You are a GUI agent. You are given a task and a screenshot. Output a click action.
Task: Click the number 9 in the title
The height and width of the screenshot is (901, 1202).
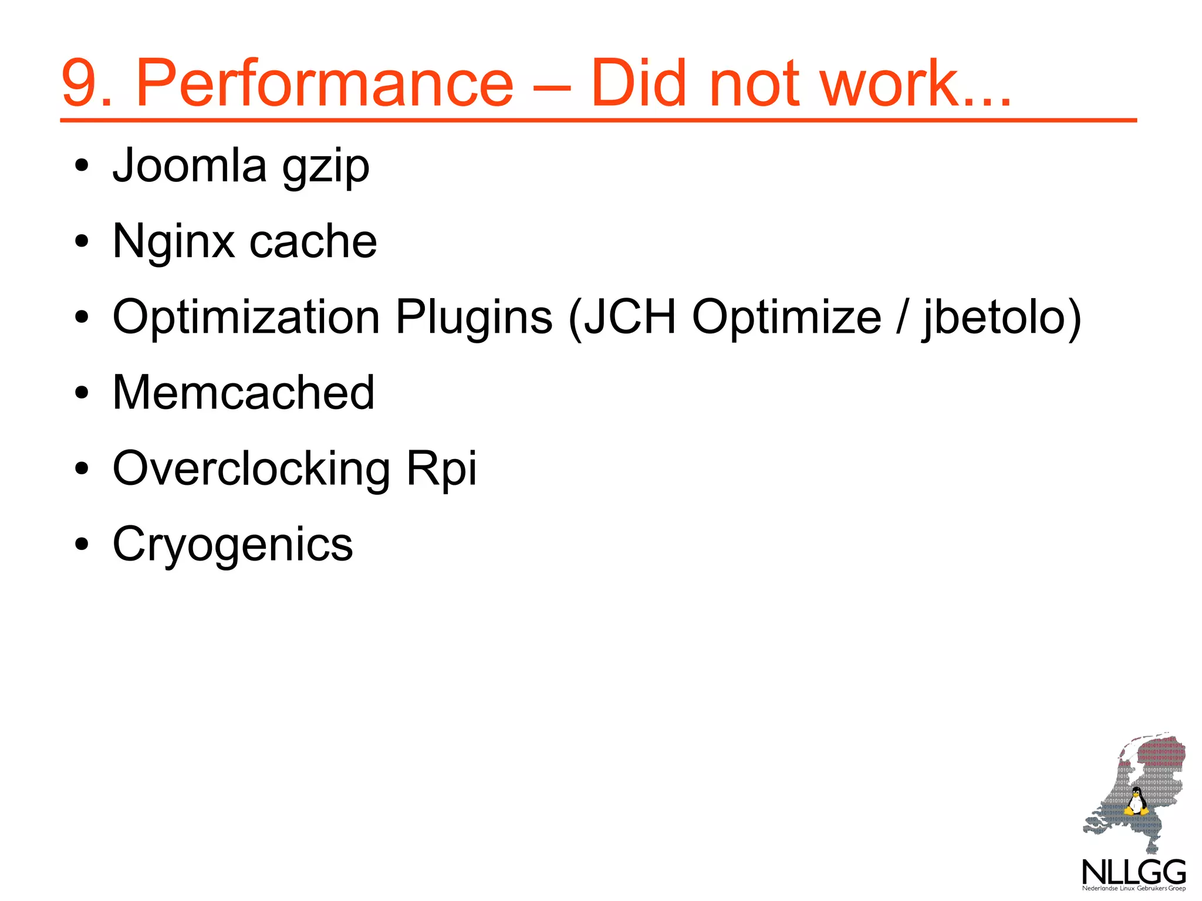pyautogui.click(x=79, y=83)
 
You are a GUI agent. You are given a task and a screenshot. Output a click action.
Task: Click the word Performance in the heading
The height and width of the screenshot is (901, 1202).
pyautogui.click(x=325, y=83)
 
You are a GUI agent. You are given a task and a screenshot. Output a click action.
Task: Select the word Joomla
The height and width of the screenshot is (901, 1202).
pyautogui.click(x=190, y=166)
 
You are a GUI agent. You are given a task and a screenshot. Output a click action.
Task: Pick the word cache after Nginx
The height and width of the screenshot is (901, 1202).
pyautogui.click(x=313, y=242)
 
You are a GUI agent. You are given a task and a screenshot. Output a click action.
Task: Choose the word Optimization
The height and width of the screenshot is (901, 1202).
pyautogui.click(x=246, y=318)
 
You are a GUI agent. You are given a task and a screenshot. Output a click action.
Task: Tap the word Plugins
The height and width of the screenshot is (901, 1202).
pyautogui.click(x=474, y=318)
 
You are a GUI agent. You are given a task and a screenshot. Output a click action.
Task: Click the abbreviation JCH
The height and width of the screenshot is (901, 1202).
pyautogui.click(x=630, y=318)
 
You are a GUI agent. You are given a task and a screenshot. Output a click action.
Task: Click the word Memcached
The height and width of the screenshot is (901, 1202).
pyautogui.click(x=244, y=392)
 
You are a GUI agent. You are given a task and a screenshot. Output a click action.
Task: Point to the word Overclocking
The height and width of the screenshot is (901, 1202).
pyautogui.click(x=251, y=468)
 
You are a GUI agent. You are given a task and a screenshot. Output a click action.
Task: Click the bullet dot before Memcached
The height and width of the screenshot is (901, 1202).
pyautogui.click(x=82, y=392)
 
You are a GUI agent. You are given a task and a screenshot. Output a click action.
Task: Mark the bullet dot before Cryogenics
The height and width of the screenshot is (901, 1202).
pyautogui.click(x=82, y=544)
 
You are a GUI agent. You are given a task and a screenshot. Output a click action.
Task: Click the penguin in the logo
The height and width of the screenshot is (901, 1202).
pyautogui.click(x=1136, y=802)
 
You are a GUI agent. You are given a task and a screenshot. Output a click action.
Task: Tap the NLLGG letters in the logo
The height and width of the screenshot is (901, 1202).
pyautogui.click(x=1133, y=872)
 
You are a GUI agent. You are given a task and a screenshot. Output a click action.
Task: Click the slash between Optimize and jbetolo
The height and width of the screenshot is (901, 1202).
pyautogui.click(x=902, y=318)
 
